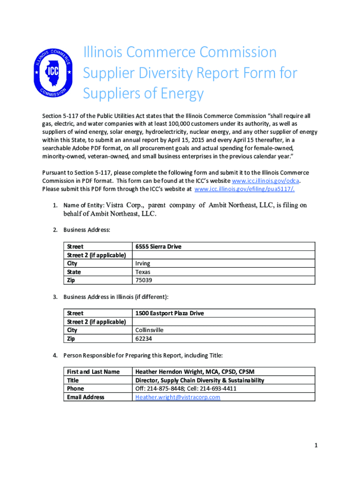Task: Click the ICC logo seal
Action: (53, 73)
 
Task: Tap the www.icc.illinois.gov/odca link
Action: (266, 181)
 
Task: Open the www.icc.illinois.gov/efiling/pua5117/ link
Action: (244, 189)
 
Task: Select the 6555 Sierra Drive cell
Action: (158, 247)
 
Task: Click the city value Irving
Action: (143, 263)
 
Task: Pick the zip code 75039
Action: (144, 280)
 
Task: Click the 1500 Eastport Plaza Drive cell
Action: (169, 313)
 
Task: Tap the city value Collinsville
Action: (149, 330)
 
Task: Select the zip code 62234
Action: (143, 338)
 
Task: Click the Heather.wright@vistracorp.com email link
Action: (177, 397)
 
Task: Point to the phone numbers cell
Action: (186, 389)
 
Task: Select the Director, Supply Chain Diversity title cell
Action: (199, 380)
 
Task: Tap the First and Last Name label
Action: (93, 372)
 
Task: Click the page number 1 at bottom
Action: (316, 446)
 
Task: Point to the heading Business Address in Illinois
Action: (116, 297)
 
